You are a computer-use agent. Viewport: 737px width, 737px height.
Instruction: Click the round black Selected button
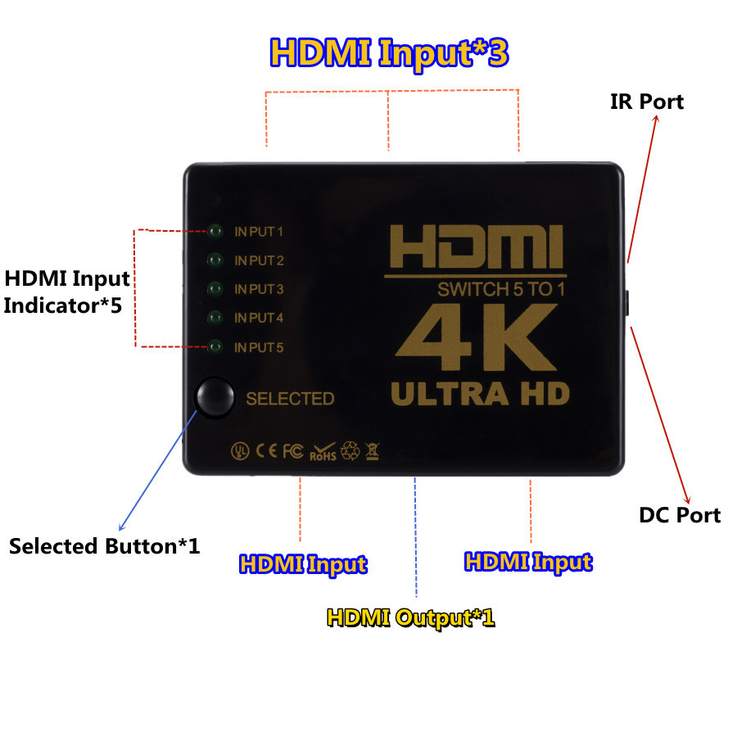215,397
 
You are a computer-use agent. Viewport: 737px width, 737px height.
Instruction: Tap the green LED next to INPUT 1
215,231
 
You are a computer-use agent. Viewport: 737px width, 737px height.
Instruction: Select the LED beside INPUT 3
215,288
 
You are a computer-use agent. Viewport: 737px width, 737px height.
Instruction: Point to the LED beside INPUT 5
215,347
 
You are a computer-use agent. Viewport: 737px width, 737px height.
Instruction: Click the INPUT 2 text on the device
259,260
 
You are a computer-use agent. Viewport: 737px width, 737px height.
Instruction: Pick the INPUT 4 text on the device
259,319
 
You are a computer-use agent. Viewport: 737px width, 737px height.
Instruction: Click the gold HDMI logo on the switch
476,246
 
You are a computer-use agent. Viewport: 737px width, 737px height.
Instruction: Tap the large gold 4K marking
476,337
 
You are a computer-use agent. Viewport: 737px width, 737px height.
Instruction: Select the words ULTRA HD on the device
480,393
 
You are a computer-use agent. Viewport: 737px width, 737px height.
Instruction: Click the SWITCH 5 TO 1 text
501,290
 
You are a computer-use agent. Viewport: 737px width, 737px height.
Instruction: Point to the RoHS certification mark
323,452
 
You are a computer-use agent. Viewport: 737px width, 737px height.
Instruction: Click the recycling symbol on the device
350,451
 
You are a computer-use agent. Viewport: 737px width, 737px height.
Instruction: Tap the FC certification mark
293,451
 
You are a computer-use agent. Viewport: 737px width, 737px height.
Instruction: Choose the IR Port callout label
647,102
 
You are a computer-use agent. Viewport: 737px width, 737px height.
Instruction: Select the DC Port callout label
680,515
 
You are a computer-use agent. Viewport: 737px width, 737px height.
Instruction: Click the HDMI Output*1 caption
411,617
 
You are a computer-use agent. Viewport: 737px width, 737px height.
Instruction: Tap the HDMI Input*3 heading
389,53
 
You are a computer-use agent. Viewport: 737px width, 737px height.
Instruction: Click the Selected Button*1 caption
104,546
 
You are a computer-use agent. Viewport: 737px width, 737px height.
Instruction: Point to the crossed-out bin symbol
373,451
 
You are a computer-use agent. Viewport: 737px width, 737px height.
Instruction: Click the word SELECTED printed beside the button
290,399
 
